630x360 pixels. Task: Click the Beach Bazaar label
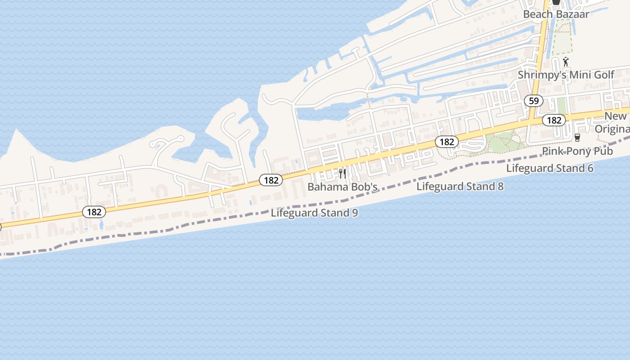pos(556,14)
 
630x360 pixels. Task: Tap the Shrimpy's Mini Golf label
pos(566,75)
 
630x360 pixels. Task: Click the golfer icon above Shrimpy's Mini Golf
pos(566,62)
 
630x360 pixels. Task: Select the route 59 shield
pos(534,101)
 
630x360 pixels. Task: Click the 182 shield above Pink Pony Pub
pos(554,120)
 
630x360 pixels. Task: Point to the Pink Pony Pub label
pos(577,151)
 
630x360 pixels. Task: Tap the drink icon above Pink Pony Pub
pos(577,137)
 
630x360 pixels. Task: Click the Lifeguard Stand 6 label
pos(549,168)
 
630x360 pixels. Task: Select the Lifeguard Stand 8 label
pos(460,186)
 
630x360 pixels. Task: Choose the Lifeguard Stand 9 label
pos(314,213)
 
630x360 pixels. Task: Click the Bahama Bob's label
pos(342,186)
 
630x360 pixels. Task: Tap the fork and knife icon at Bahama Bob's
pos(342,174)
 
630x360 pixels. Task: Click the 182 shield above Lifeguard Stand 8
pos(446,142)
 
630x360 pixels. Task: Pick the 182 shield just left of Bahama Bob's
pos(271,180)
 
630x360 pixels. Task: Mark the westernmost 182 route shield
pos(94,211)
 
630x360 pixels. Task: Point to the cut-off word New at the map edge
pos(615,116)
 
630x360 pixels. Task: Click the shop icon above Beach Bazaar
pos(556,2)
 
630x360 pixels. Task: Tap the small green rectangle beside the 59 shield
pos(561,106)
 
